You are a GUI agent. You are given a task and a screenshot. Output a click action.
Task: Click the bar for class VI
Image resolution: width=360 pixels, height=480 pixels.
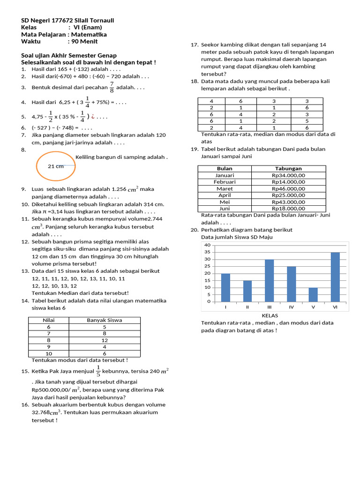tap(335, 277)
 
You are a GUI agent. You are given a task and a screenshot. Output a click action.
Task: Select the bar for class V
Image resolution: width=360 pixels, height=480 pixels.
tap(313, 294)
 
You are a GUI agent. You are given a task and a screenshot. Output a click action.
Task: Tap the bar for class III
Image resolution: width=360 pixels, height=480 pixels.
tap(269, 280)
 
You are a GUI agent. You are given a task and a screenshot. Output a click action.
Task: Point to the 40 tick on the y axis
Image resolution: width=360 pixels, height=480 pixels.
tap(207, 245)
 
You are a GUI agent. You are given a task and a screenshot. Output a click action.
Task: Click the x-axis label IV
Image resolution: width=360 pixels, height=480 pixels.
tap(291, 307)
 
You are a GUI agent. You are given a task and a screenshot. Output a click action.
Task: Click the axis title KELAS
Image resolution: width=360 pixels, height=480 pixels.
tap(270, 316)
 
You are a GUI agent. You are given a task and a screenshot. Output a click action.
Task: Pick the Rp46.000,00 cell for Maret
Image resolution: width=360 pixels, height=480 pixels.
tap(288, 188)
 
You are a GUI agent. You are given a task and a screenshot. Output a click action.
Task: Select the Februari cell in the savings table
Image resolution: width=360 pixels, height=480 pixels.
tap(225, 182)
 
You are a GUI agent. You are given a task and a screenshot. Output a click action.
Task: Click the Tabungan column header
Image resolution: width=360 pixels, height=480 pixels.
tap(288, 169)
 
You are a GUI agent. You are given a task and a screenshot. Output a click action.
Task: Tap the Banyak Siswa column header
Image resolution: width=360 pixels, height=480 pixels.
tap(105, 320)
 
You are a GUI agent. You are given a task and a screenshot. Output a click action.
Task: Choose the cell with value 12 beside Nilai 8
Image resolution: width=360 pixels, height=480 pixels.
tap(105, 340)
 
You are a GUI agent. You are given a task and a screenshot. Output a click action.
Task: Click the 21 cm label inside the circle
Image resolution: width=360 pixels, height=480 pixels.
tap(56, 166)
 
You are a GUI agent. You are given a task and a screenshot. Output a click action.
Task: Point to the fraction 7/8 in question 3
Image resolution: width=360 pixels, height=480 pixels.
tap(112, 87)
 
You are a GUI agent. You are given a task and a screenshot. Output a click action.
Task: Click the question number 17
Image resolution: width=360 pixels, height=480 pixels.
tap(195, 45)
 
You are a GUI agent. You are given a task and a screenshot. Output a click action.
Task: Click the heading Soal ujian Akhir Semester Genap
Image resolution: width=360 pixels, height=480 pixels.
tap(69, 55)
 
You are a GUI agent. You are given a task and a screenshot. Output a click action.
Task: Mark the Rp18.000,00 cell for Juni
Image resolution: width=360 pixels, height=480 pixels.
tap(288, 209)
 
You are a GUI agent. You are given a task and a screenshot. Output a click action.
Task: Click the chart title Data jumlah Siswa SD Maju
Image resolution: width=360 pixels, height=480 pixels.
tap(237, 237)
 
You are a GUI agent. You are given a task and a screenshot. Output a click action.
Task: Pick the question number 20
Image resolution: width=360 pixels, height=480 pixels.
tap(195, 230)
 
